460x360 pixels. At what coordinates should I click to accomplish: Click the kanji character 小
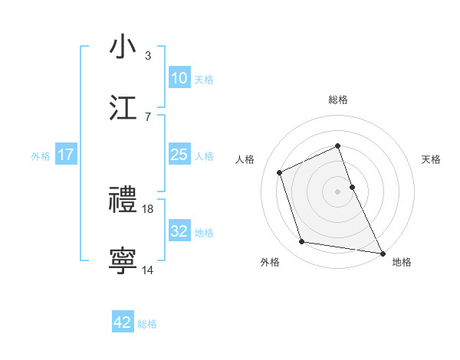point(123,47)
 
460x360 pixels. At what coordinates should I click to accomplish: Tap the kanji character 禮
point(123,200)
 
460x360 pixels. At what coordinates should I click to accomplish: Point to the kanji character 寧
point(123,260)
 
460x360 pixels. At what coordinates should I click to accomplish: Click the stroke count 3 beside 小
point(148,55)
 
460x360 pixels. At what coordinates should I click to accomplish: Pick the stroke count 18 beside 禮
point(149,208)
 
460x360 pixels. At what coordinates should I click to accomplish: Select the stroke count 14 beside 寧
point(148,270)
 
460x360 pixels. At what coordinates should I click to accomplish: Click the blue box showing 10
point(179,78)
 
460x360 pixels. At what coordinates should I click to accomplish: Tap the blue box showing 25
point(179,155)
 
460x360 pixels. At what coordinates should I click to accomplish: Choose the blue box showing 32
point(179,231)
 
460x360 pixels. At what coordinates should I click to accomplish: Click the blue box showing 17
point(66,155)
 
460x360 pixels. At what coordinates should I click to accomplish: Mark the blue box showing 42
point(123,322)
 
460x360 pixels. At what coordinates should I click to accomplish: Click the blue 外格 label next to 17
point(41,156)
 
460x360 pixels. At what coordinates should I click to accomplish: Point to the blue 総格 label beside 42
point(147,324)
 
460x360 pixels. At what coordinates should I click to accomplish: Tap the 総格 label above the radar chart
point(338,100)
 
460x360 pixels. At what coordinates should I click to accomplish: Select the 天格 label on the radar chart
point(432,159)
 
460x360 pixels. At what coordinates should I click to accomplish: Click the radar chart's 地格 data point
point(382,251)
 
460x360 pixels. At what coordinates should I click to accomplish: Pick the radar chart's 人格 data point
point(281,172)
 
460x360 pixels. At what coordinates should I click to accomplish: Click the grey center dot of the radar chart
point(338,191)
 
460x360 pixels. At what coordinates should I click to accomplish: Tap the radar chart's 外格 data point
point(302,242)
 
